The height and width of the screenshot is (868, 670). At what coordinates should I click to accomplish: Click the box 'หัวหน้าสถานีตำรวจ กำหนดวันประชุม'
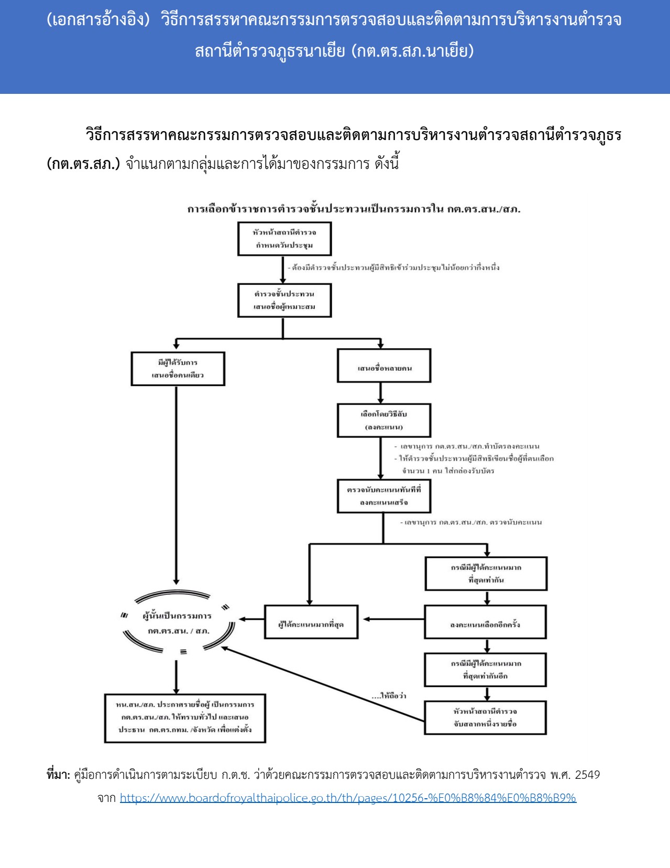click(x=284, y=239)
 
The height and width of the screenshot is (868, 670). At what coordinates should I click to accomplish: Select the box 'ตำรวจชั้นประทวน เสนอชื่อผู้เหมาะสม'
click(x=284, y=301)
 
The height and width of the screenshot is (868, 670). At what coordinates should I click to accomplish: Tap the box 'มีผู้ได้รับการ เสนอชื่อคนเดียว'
click(x=178, y=369)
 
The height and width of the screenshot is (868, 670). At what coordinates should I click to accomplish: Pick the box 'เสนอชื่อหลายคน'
click(x=384, y=366)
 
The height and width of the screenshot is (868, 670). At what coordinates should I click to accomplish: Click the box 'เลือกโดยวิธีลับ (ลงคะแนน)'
click(x=384, y=420)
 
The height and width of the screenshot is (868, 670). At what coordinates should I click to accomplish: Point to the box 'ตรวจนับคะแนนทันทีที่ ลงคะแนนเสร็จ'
click(x=384, y=496)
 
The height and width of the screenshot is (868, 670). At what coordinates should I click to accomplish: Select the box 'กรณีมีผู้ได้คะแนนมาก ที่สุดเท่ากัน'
click(x=486, y=574)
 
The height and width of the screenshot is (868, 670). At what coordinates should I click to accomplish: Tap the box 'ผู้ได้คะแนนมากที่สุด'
click(x=311, y=622)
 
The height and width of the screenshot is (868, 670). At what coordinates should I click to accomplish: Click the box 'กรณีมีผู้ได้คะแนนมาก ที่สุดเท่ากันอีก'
click(x=485, y=670)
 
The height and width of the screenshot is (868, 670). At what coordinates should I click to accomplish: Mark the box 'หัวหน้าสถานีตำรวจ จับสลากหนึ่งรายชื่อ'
click(x=485, y=717)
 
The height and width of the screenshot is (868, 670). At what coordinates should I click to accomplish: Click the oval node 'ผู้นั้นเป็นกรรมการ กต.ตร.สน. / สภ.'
click(x=177, y=623)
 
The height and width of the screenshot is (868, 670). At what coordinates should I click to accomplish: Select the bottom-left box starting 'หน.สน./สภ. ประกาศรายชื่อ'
click(x=185, y=718)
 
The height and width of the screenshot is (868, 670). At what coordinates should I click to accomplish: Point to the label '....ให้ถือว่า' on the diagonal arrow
click(x=389, y=696)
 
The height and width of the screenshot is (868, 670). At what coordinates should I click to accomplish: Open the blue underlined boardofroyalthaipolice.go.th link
click(x=348, y=798)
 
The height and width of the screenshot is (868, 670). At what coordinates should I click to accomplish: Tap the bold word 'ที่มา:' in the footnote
click(x=58, y=775)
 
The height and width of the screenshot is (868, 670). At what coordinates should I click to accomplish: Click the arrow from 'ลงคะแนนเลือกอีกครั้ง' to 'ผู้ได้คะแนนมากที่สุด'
click(x=393, y=619)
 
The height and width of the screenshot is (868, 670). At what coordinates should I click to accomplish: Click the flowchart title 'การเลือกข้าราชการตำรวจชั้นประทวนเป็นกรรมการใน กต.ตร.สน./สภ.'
click(x=354, y=209)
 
